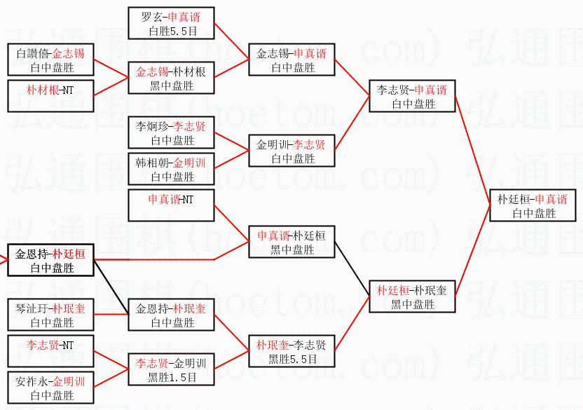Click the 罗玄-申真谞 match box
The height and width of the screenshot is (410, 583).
click(x=170, y=23)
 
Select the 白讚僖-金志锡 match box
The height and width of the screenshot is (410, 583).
click(x=50, y=60)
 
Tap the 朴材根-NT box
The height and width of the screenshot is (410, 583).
click(x=50, y=90)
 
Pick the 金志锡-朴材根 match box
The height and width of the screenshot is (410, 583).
click(x=170, y=78)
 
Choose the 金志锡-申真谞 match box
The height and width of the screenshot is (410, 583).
click(x=291, y=60)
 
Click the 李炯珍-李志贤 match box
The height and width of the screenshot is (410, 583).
click(x=170, y=132)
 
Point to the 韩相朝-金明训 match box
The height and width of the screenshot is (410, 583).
click(x=170, y=169)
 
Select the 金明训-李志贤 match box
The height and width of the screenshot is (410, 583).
click(x=291, y=151)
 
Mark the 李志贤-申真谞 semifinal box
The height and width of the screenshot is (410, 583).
click(x=413, y=96)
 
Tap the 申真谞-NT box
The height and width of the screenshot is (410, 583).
click(x=170, y=200)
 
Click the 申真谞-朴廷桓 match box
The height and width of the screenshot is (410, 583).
click(x=291, y=242)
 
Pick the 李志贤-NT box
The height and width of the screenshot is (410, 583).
click(x=50, y=346)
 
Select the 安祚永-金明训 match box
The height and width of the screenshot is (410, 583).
click(x=50, y=388)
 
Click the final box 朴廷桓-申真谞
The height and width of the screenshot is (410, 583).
click(x=533, y=205)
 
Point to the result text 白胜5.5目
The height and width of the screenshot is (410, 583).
click(x=170, y=32)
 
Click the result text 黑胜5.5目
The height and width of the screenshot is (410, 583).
click(x=291, y=360)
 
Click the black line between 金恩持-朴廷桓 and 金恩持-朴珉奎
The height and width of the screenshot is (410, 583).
click(x=110, y=283)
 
